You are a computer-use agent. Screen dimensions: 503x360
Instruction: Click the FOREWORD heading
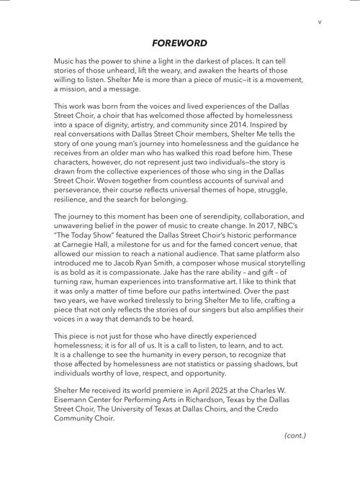click(180, 43)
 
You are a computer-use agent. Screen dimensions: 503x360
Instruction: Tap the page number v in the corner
click(318, 21)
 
